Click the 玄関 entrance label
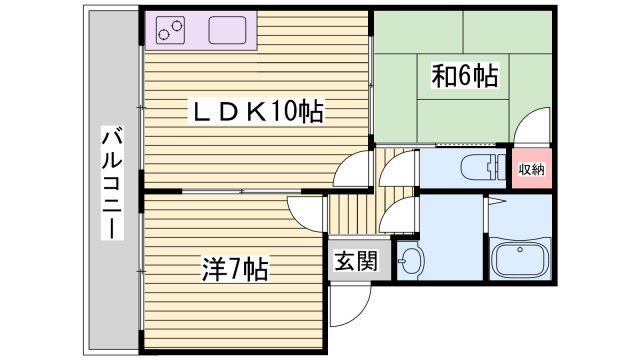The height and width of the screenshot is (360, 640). coord(355,262)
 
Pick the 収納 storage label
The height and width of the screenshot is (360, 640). coord(531,169)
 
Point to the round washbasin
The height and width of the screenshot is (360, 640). coord(410,263)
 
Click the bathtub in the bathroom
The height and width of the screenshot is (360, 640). coord(520,263)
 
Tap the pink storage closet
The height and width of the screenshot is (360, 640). coord(531,169)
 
